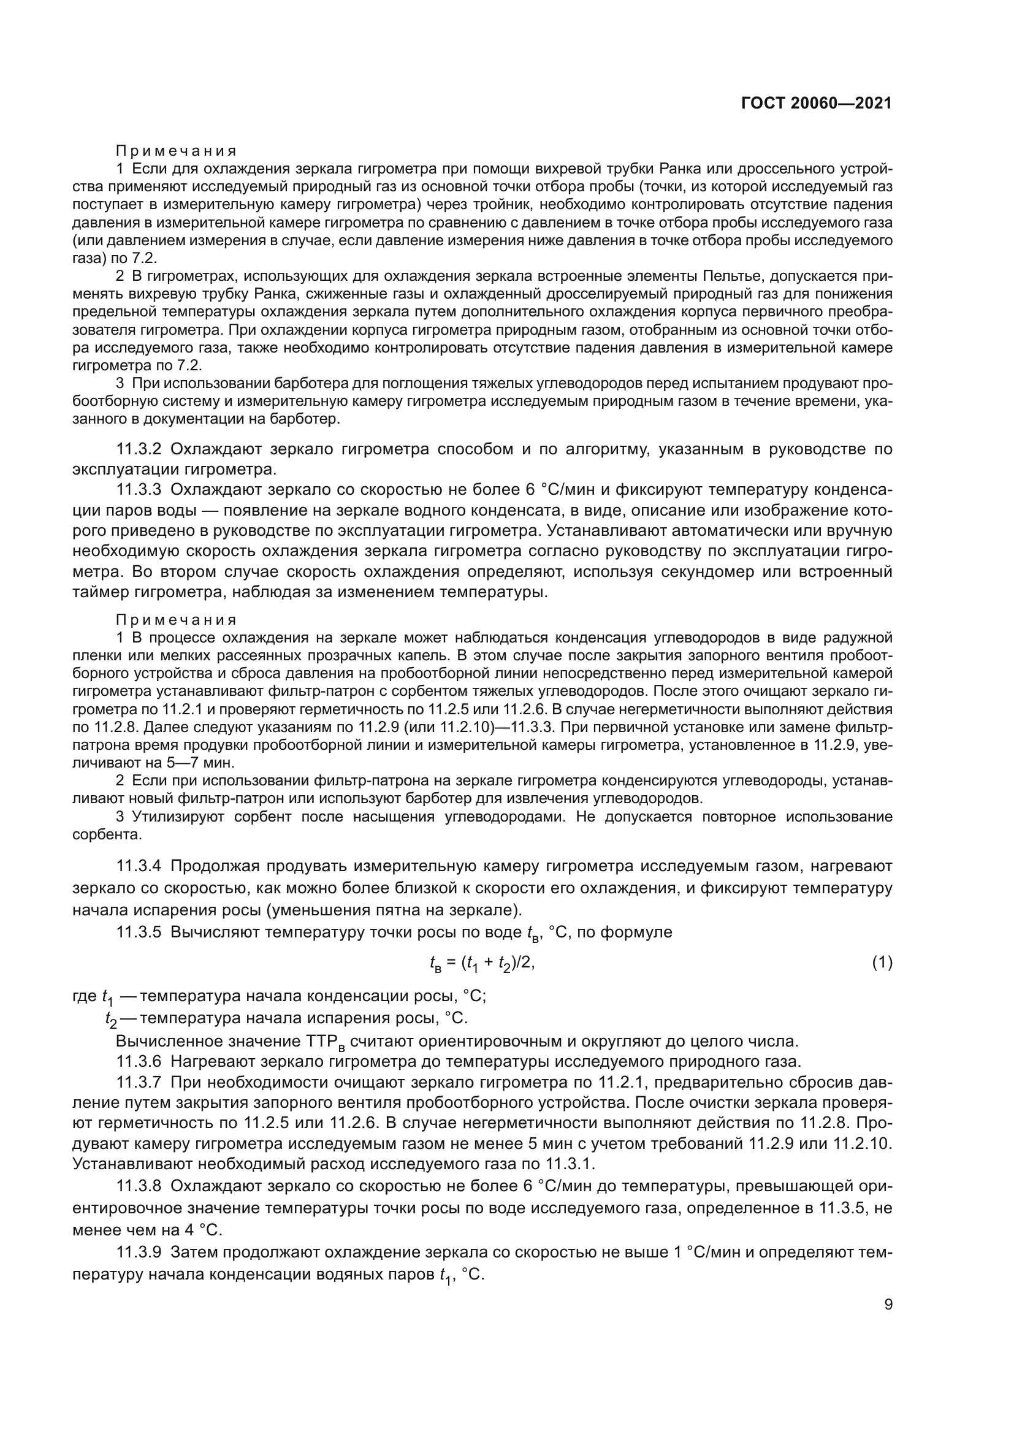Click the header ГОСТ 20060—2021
816,103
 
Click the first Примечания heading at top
176,151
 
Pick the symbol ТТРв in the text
325,1041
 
